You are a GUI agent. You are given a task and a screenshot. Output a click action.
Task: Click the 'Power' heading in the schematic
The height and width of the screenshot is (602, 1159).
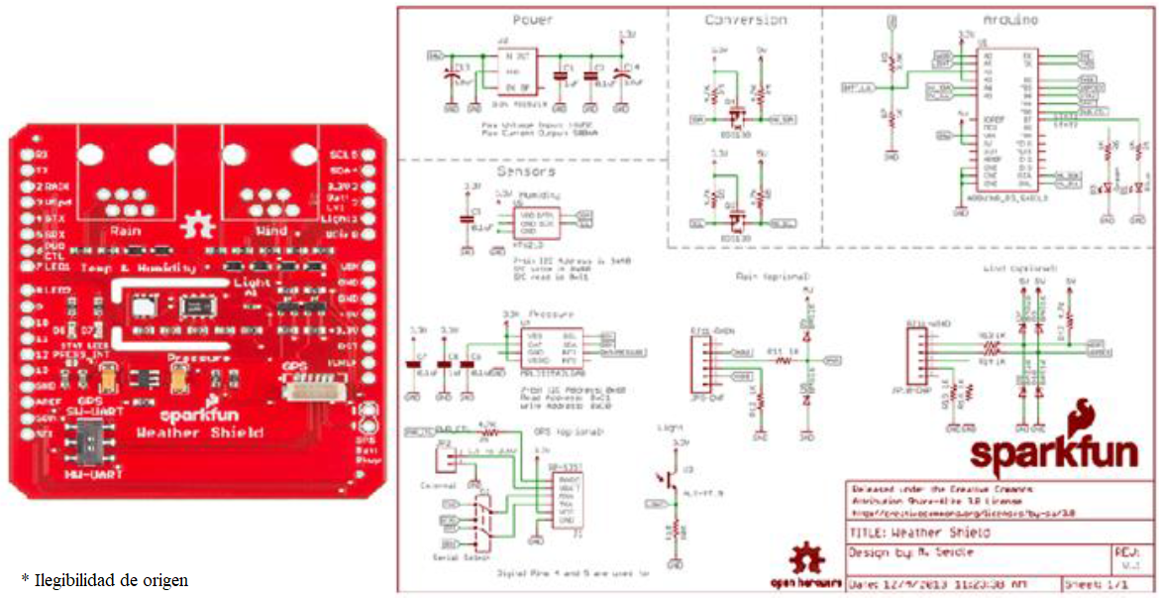[532, 20]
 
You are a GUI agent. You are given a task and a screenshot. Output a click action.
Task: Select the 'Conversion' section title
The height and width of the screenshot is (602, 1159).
[745, 20]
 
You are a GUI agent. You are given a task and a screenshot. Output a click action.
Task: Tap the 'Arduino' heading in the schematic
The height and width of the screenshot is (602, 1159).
[1010, 20]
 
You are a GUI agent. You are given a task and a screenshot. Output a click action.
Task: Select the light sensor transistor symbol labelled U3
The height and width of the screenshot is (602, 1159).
[676, 479]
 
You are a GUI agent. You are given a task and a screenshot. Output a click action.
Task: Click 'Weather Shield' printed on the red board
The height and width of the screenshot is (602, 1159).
[200, 432]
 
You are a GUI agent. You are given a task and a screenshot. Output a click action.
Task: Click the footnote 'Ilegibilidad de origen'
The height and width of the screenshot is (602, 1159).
[105, 579]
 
